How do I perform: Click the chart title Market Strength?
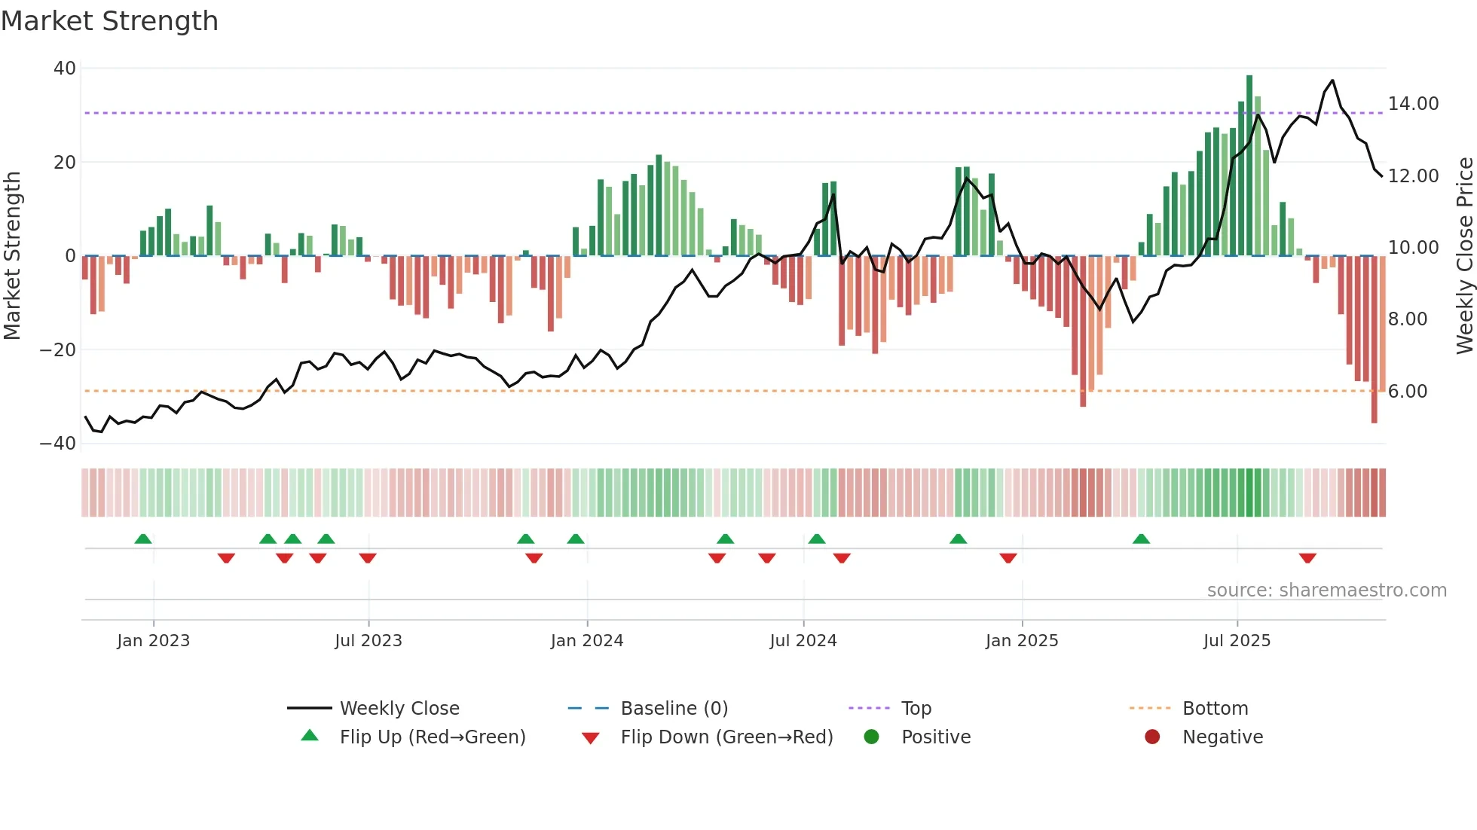coord(109,21)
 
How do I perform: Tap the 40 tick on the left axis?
coord(65,69)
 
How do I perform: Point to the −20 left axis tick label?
coord(58,350)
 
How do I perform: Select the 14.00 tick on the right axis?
coord(1413,104)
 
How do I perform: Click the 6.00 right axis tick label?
coord(1407,392)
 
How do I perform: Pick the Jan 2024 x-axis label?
coord(587,641)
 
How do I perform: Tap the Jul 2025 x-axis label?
coord(1237,641)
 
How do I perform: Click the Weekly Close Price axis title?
coord(1464,256)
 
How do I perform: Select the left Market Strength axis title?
coord(13,256)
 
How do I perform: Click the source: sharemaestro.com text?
coord(1326,590)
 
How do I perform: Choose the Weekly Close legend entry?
coord(399,709)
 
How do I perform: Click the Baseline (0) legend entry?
coord(674,709)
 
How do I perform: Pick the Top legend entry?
coord(916,709)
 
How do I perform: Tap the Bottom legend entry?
coord(1215,709)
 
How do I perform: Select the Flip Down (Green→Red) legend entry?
coord(726,737)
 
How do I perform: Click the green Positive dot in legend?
coord(872,737)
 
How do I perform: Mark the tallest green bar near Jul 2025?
coord(1249,166)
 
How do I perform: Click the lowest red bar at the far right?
coord(1374,339)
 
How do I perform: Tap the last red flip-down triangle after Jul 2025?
coord(1307,558)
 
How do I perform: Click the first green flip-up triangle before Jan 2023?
coord(143,539)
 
